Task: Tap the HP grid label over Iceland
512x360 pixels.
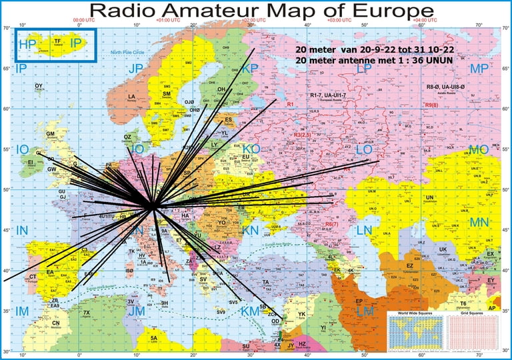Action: (x=27, y=45)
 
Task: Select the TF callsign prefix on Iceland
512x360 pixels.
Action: (x=57, y=41)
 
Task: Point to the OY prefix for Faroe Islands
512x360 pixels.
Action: (x=39, y=86)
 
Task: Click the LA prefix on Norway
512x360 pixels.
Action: (x=132, y=97)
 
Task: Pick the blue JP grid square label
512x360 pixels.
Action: (x=136, y=69)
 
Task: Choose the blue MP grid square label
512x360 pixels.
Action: (x=479, y=69)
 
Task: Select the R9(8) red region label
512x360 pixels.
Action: (x=431, y=105)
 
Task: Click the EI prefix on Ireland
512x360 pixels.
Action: (x=30, y=161)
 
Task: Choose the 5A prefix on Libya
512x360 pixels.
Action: (x=153, y=339)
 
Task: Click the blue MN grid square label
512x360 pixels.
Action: (x=479, y=221)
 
